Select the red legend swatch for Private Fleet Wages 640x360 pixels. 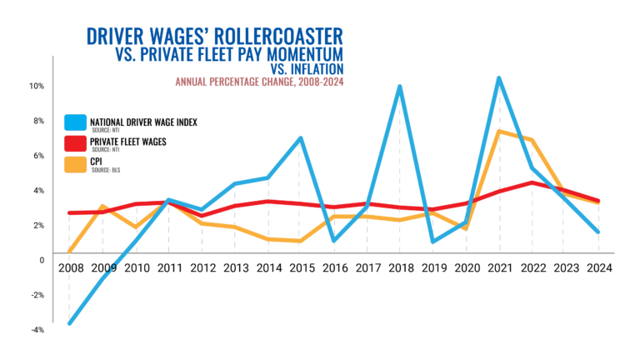76,142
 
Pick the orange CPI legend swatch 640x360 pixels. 76,162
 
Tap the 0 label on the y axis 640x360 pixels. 41,260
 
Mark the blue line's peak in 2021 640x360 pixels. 498,78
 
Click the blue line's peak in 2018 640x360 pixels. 400,87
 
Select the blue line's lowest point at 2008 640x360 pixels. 69,323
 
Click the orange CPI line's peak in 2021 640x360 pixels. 499,131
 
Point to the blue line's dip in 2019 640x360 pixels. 433,242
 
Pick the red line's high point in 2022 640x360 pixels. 532,182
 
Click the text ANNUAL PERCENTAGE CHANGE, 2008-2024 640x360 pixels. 257,82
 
